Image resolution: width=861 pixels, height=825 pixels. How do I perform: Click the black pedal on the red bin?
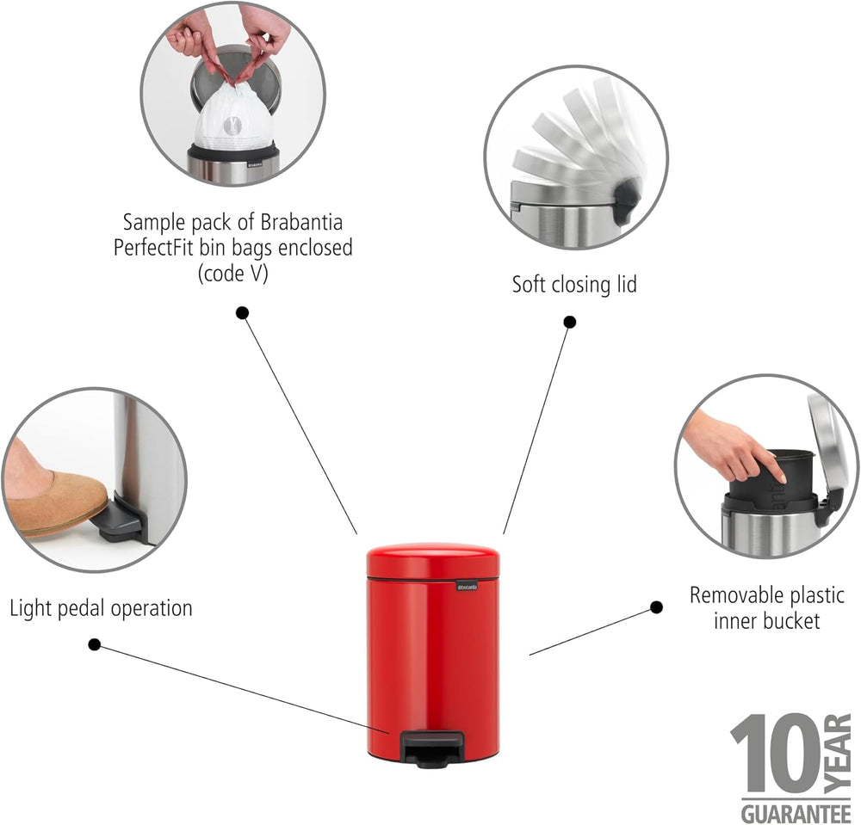click(x=430, y=748)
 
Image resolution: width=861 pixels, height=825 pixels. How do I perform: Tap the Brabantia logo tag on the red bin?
click(x=467, y=587)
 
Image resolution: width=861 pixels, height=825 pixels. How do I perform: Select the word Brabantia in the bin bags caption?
click(x=301, y=222)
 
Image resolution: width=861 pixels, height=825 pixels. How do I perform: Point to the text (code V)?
click(x=232, y=274)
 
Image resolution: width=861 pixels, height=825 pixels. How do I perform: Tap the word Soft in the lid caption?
click(x=529, y=284)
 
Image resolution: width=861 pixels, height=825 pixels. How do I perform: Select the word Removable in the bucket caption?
click(x=728, y=595)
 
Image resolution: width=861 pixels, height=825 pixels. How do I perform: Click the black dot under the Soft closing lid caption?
click(x=570, y=322)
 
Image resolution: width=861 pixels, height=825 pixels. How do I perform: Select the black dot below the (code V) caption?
click(x=242, y=312)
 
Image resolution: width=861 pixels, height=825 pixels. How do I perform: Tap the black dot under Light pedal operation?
click(x=95, y=644)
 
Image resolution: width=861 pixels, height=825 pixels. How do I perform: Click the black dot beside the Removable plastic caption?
click(x=656, y=607)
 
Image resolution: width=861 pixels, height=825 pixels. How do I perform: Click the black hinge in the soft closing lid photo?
click(x=627, y=202)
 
